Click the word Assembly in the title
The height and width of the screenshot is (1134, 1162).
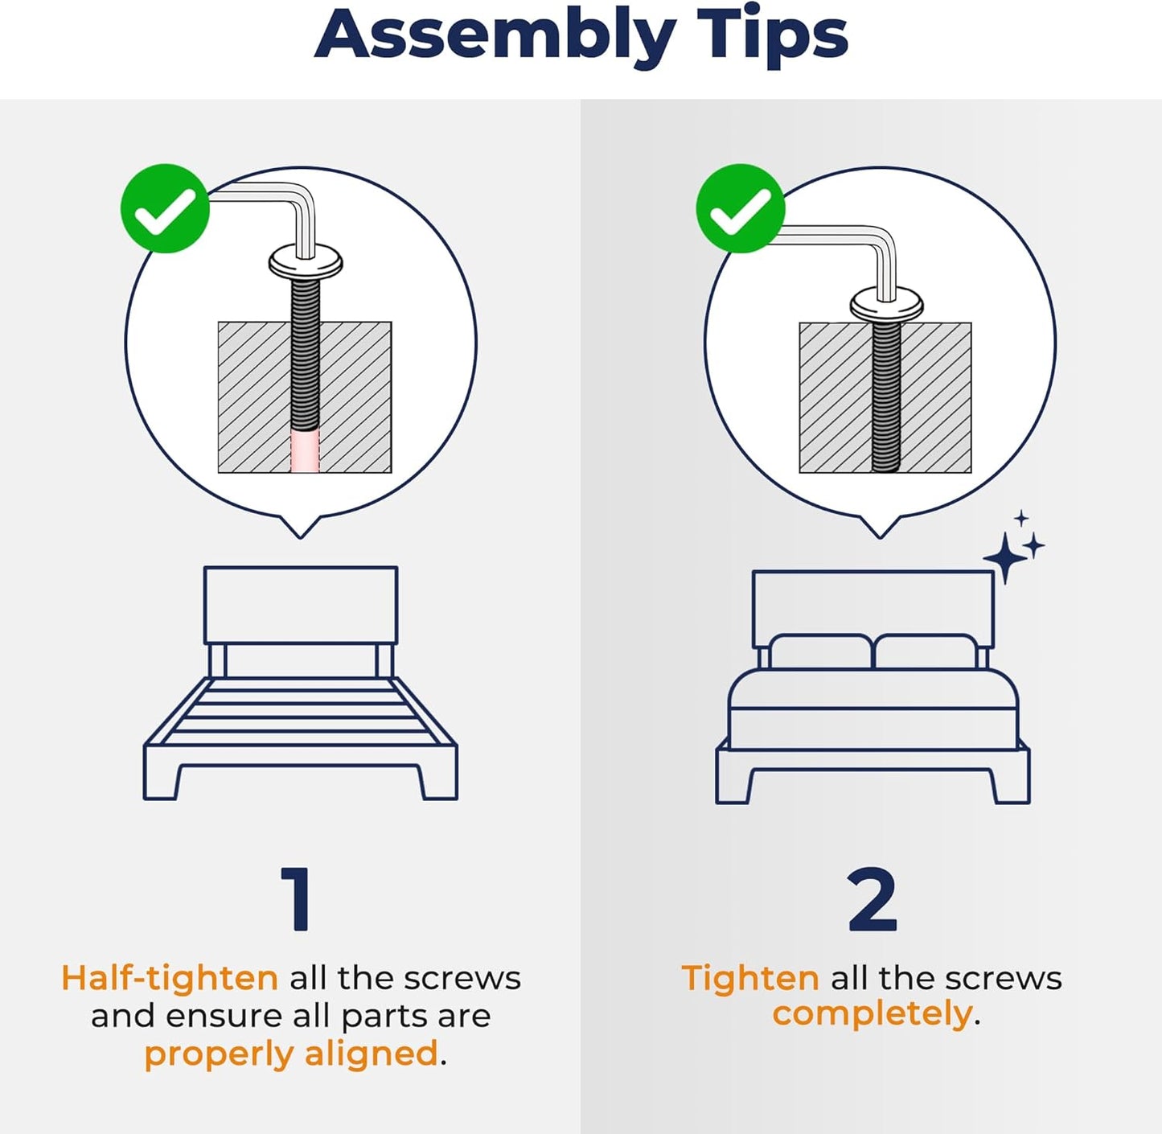tap(495, 37)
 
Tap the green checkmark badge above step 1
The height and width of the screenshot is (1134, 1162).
tap(165, 208)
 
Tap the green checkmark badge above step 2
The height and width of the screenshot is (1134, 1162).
tap(741, 208)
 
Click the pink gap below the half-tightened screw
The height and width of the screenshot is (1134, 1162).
tap(305, 451)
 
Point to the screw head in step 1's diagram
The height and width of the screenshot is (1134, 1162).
tap(306, 263)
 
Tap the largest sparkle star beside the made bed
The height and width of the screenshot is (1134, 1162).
tap(1005, 557)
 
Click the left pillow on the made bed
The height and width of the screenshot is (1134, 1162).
tap(819, 651)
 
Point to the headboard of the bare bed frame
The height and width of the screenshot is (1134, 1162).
tap(301, 606)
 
